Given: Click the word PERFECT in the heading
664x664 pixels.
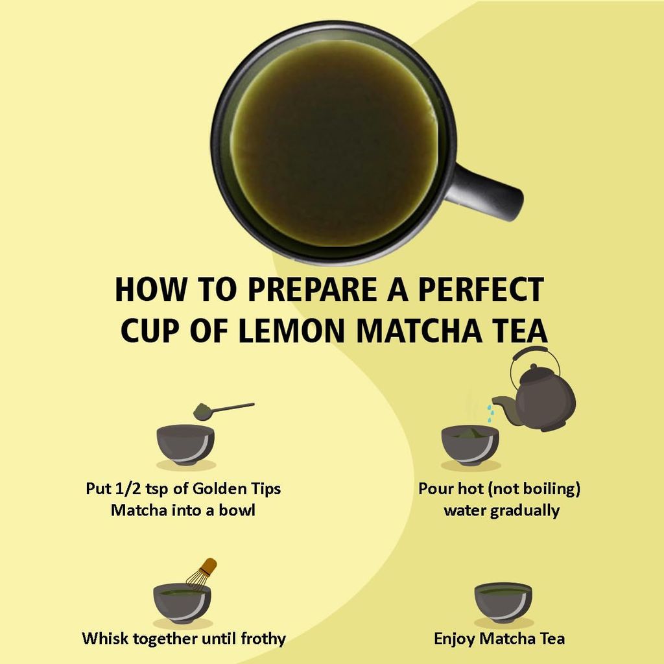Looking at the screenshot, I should [x=480, y=290].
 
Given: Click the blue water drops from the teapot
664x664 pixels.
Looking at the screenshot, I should [x=491, y=410].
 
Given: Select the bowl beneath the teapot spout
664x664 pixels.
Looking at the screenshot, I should [x=470, y=444].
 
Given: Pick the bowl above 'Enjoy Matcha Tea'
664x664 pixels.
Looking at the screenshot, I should [x=503, y=601].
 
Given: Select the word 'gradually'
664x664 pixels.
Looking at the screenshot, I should [x=525, y=510].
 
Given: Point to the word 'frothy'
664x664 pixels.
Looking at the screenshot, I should [x=259, y=639].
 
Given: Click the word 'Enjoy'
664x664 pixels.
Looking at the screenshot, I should [x=455, y=639].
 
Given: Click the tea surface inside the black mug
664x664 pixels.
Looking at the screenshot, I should [x=334, y=143].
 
